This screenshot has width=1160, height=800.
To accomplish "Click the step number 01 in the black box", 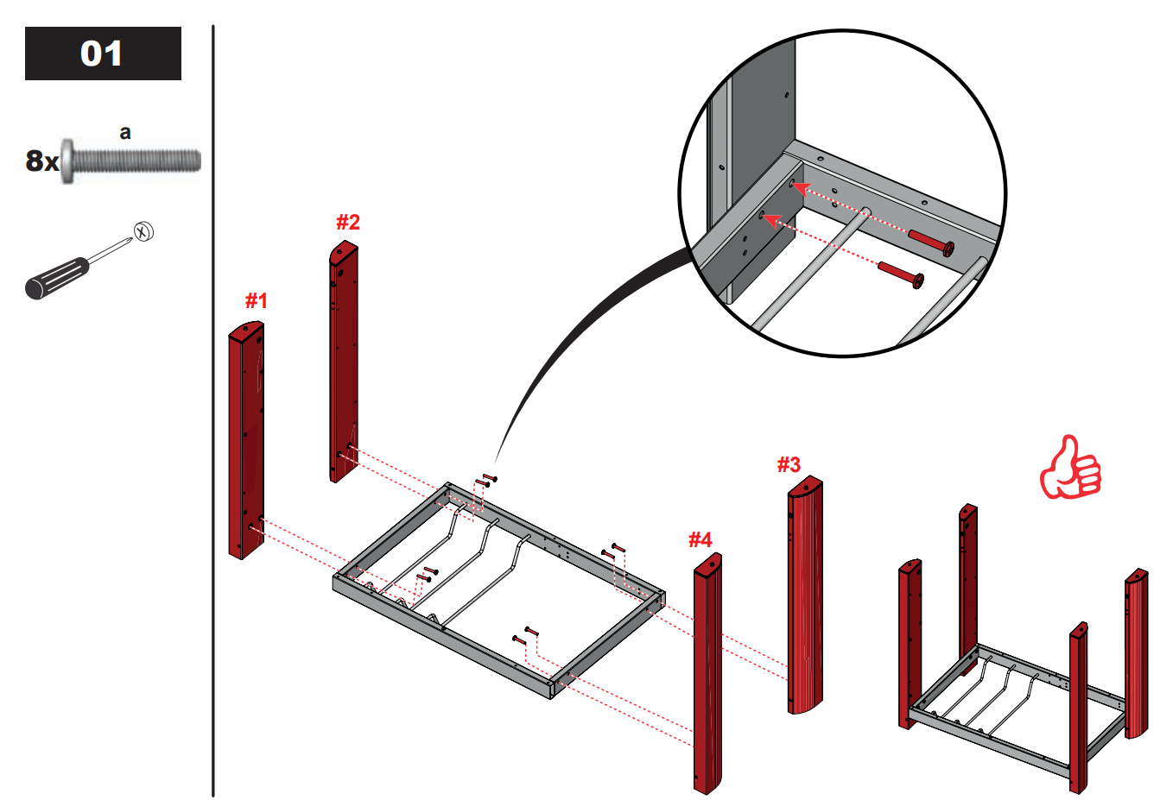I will pos(102,54).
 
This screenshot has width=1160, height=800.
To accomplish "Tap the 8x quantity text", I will pos(41,161).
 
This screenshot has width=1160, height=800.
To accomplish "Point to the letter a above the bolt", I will pos(125,132).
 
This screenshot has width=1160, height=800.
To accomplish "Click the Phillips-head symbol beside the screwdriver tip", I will pos(143,230).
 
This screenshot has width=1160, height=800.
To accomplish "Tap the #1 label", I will pos(256,300).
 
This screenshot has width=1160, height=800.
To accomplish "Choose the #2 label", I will pos(347,222).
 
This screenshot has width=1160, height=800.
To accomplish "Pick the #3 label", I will pos(789,465).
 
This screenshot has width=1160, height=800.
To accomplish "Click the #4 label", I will pos(700,540).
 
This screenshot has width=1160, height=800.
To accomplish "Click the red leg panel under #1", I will pos(245,440).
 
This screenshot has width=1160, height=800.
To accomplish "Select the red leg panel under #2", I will pos(343,362).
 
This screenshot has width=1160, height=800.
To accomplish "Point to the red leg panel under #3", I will pos(805,595).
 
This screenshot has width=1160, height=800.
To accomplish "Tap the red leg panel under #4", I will pos(707,673).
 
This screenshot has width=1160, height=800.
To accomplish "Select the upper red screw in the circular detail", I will pos(931,241).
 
